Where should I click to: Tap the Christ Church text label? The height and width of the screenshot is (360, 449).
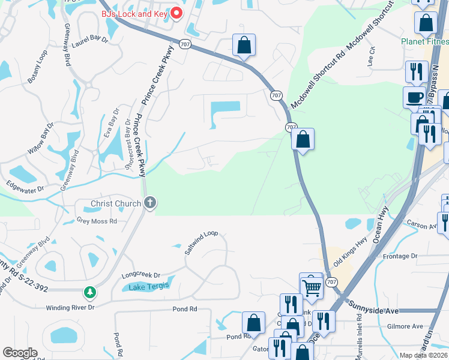point(116,203)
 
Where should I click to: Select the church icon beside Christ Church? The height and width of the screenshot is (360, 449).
point(150,203)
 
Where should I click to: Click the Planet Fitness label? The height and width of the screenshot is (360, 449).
point(424,42)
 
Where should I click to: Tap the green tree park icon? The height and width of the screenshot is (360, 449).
point(90,292)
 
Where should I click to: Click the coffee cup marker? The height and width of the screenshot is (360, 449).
point(414,96)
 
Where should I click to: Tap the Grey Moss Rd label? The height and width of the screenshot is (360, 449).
point(97,221)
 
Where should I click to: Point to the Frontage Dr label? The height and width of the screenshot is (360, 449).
point(400,256)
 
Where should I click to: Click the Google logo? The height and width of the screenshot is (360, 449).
point(20,353)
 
